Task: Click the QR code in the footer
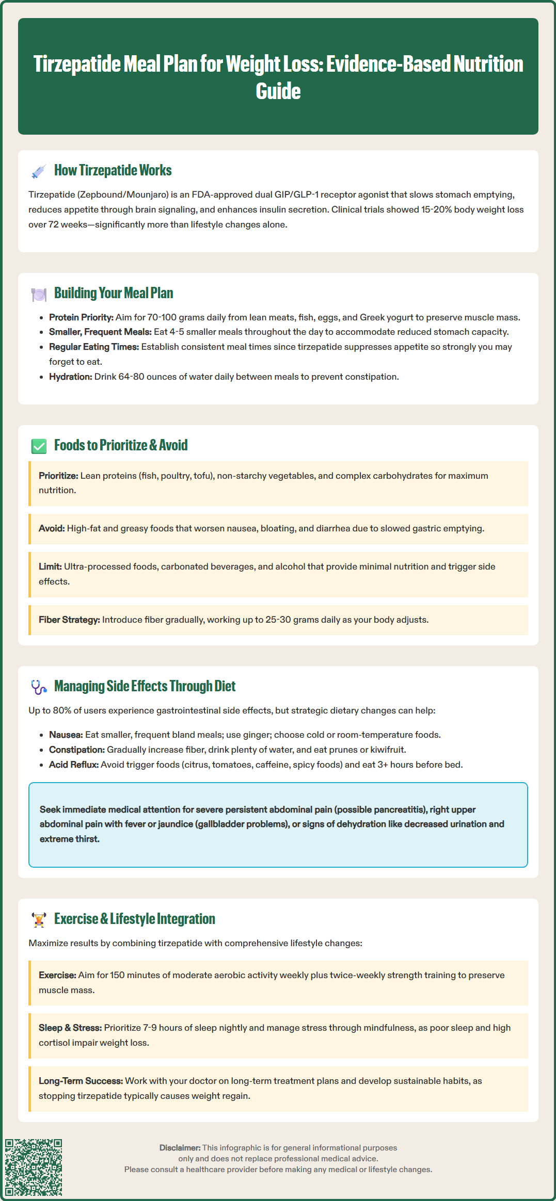[x=34, y=1167]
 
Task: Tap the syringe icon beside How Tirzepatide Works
[x=39, y=171]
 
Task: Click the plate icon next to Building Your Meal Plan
[x=39, y=294]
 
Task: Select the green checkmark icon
[x=39, y=446]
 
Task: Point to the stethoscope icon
[x=39, y=687]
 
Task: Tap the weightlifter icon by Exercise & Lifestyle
[x=39, y=920]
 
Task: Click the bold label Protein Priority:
[x=81, y=317]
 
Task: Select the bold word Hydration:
[x=70, y=377]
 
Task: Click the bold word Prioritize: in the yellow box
[x=58, y=476]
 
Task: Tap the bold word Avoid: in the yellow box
[x=52, y=528]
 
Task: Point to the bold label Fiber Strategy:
[x=69, y=620]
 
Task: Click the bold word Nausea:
[x=66, y=735]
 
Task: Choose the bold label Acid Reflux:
[x=73, y=765]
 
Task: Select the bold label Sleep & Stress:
[x=70, y=1028]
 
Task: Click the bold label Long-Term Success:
[x=81, y=1081]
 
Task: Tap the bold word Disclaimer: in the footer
[x=180, y=1148]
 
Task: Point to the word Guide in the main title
[x=278, y=91]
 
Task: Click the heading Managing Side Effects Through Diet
[x=145, y=686]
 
